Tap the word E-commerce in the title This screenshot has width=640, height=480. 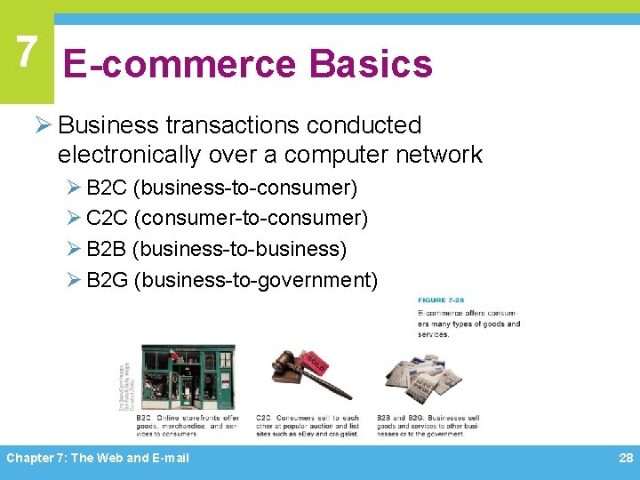[x=180, y=65]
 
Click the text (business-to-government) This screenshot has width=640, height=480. [x=256, y=281]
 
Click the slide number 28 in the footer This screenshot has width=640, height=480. [x=625, y=458]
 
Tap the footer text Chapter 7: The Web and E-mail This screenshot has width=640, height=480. [x=98, y=458]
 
